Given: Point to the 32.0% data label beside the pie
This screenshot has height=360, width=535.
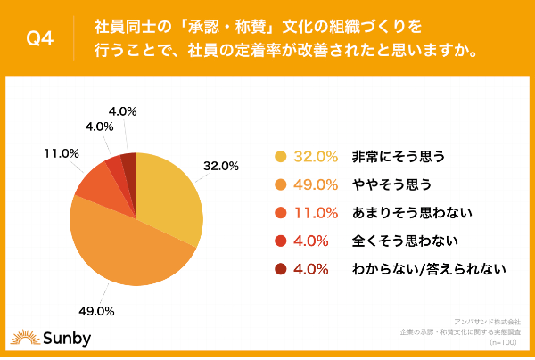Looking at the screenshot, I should click(x=222, y=166).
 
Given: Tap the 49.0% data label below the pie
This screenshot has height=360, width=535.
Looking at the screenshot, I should click(x=96, y=311).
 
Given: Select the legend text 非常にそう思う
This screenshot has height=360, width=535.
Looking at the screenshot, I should click(x=398, y=157).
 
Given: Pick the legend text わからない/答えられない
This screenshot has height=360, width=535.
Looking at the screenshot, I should click(x=430, y=267).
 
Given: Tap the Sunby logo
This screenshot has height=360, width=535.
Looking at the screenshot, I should click(x=45, y=336).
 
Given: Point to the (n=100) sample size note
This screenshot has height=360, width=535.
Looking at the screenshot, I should click(x=505, y=344).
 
